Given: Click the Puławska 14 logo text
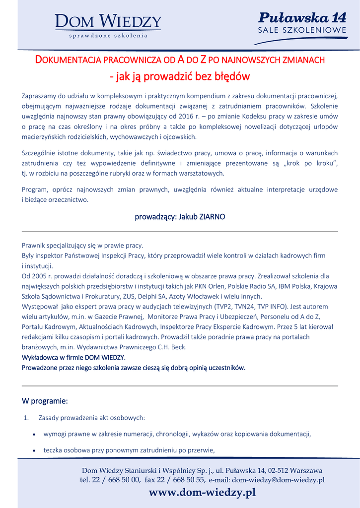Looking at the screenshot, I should click(x=302, y=18).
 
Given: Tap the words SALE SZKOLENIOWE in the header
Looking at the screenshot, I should click(x=302, y=31).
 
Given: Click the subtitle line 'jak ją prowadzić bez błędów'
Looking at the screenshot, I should click(x=179, y=76).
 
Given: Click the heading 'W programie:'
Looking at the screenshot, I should click(x=45, y=400).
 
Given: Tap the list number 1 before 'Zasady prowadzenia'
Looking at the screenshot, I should click(x=26, y=418).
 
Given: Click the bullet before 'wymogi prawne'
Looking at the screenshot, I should click(x=33, y=434).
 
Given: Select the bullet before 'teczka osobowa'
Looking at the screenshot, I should click(x=33, y=450).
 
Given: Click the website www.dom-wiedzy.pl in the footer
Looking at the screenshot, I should click(x=202, y=492).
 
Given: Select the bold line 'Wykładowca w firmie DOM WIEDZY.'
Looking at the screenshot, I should click(x=73, y=357).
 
